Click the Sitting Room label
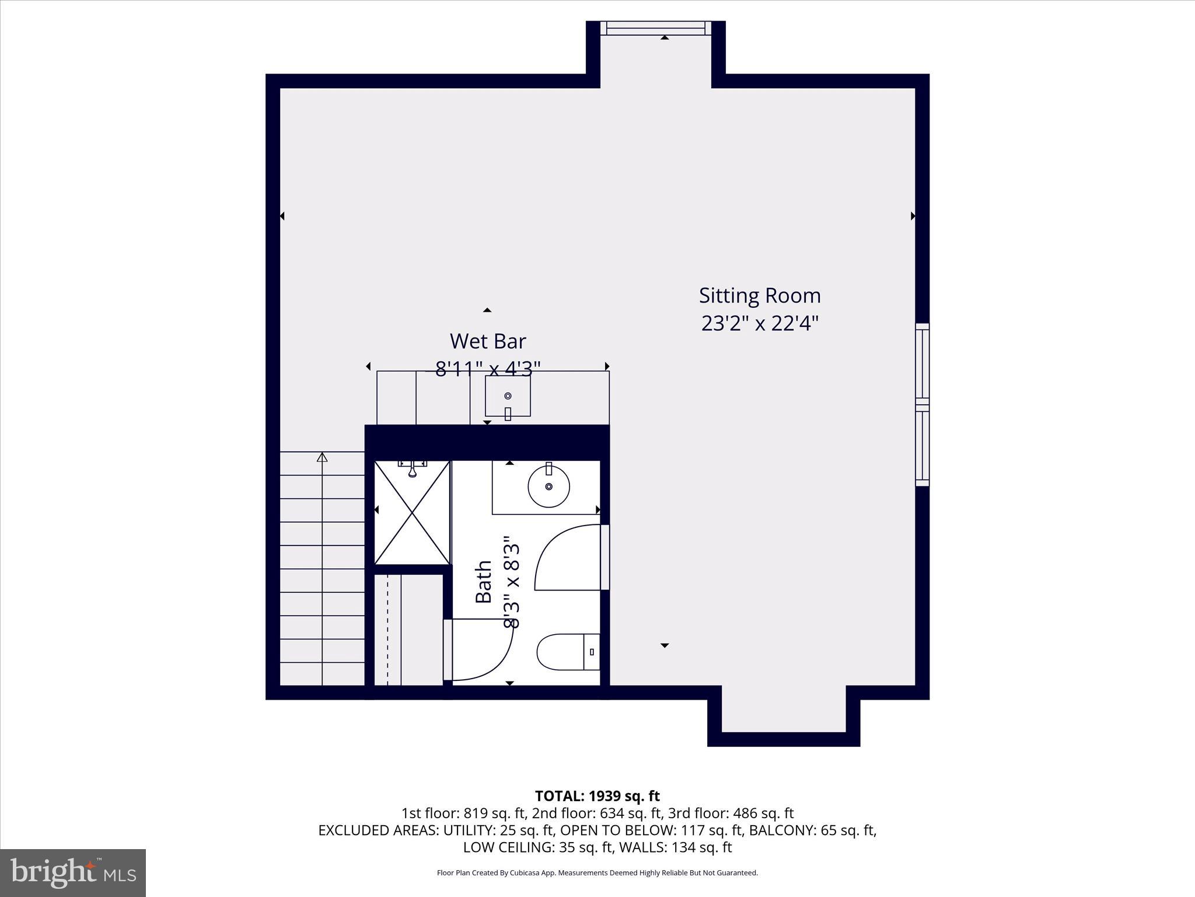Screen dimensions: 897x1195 [x=760, y=295]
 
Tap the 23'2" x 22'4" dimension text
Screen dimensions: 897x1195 [x=760, y=323]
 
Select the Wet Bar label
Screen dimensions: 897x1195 [x=488, y=341]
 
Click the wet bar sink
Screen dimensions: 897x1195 [x=508, y=397]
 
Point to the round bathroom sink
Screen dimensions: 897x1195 [x=548, y=485]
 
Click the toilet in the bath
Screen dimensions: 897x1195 [x=567, y=652]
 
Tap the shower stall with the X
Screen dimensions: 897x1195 [x=413, y=512]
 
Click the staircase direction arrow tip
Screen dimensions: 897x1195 [x=322, y=456]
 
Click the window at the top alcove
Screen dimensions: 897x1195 [x=656, y=28]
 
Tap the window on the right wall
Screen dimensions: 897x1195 [x=922, y=404]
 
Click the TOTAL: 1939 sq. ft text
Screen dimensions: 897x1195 [x=597, y=796]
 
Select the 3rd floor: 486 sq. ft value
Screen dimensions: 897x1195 [x=731, y=813]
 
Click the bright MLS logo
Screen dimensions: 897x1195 [x=73, y=872]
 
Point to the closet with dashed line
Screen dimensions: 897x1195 [x=408, y=630]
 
